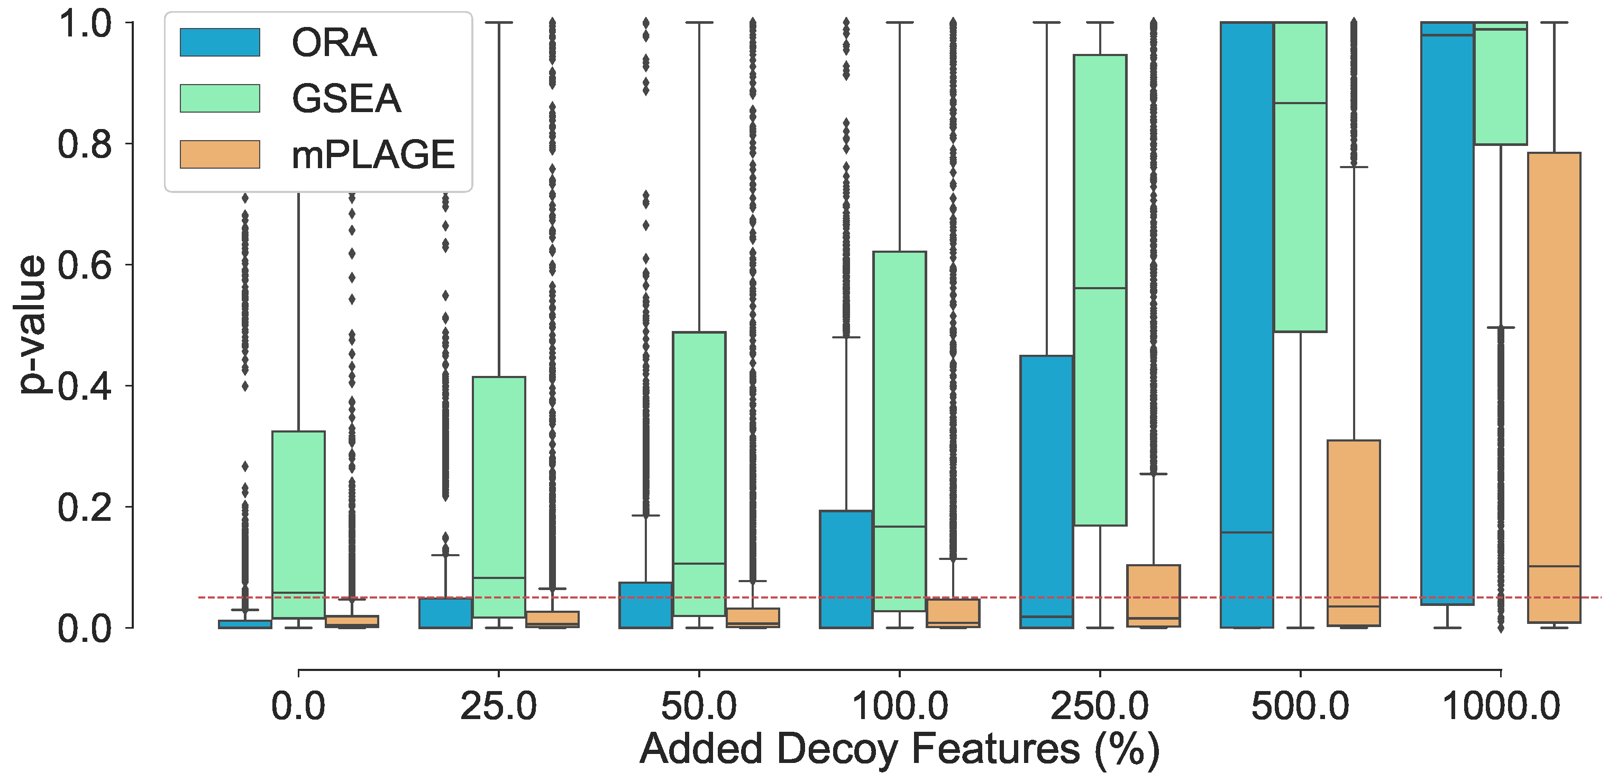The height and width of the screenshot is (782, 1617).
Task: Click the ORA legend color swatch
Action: (x=220, y=42)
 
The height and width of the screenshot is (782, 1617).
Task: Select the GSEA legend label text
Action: (x=346, y=98)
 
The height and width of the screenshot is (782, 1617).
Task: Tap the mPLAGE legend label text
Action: (x=373, y=155)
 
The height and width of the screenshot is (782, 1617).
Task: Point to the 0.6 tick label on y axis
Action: (x=85, y=265)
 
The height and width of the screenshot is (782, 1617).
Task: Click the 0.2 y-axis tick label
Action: (x=85, y=507)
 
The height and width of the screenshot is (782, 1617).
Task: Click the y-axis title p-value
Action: (x=31, y=325)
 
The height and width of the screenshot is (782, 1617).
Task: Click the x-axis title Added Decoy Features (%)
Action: (x=899, y=749)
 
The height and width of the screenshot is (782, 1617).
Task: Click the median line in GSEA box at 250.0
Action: (x=1100, y=288)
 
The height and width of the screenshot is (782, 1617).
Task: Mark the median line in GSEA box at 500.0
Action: (x=1300, y=103)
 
